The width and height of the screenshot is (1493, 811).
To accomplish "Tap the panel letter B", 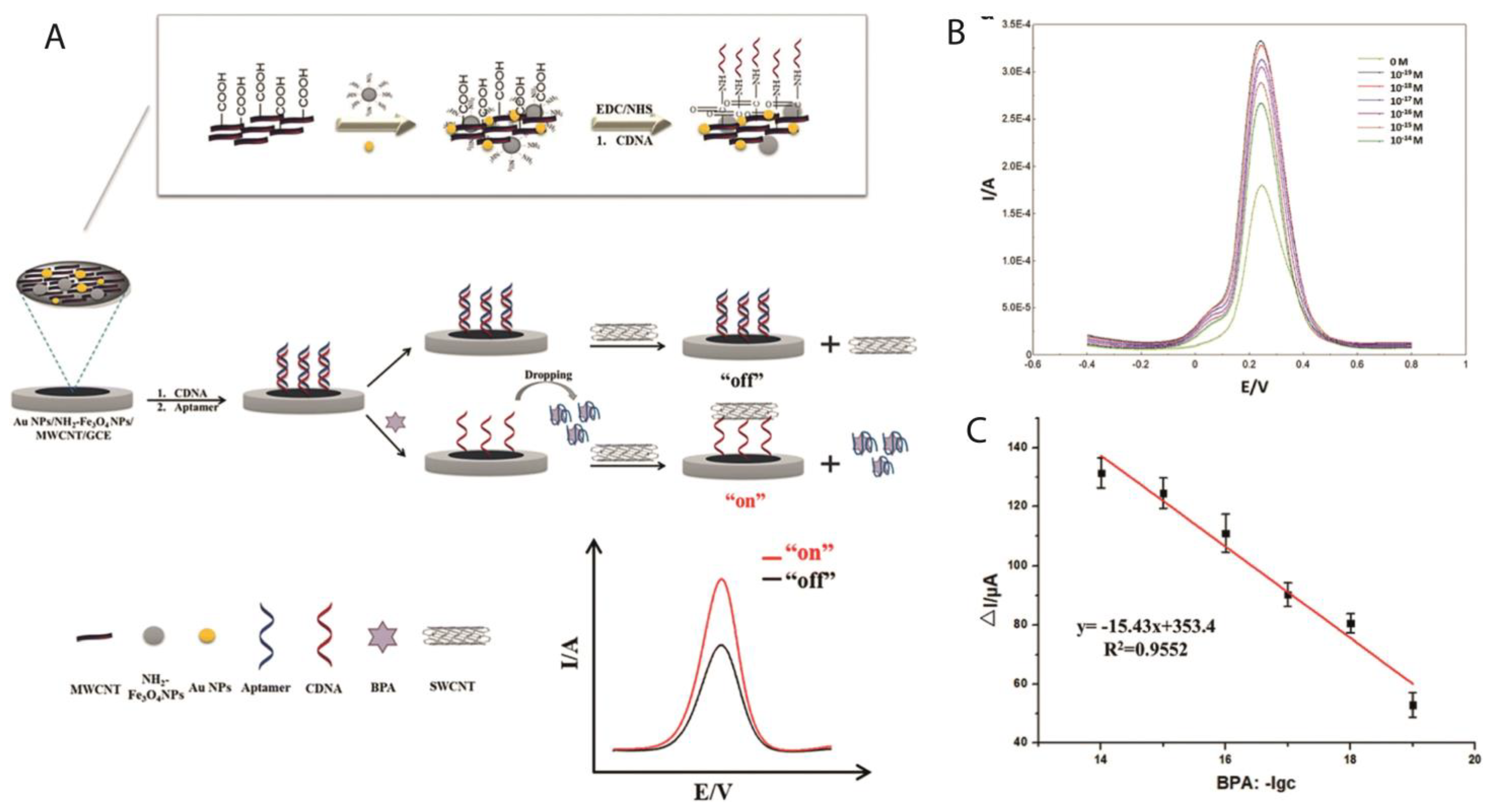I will pos(956,33).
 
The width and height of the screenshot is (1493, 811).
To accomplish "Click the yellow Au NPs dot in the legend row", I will pos(207,636).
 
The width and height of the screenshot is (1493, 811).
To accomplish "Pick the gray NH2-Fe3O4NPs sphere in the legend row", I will pos(154,636).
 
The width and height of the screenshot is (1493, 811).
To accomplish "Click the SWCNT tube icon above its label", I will pos(456,636).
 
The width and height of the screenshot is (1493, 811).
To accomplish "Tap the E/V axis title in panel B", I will pos(1254,387).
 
